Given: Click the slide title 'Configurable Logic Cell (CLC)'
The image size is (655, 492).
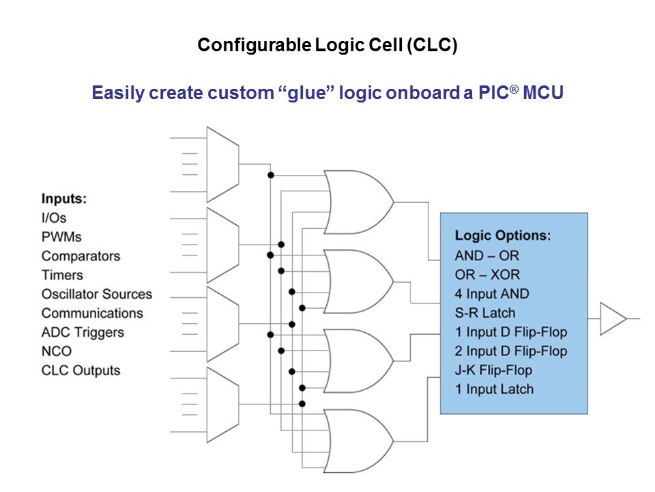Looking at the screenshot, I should pyautogui.click(x=327, y=46).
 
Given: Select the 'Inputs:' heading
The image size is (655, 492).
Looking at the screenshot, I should pyautogui.click(x=64, y=199).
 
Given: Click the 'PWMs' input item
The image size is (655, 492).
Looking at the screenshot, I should pyautogui.click(x=61, y=237).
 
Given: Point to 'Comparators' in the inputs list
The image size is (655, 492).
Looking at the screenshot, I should pyautogui.click(x=81, y=256).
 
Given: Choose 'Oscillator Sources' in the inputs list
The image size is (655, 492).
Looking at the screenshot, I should pyautogui.click(x=97, y=295).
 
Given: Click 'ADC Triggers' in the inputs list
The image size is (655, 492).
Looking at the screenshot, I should pyautogui.click(x=83, y=333).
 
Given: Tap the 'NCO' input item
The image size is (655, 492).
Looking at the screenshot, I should pyautogui.click(x=57, y=351).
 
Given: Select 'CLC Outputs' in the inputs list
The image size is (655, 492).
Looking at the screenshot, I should pyautogui.click(x=81, y=370).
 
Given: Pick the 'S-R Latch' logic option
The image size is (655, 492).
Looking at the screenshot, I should pyautogui.click(x=485, y=313).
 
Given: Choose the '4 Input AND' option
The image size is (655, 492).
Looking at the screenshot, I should pyautogui.click(x=492, y=294).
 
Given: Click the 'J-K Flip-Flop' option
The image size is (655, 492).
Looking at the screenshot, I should pyautogui.click(x=493, y=370).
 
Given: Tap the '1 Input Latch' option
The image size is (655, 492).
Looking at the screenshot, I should pyautogui.click(x=494, y=389).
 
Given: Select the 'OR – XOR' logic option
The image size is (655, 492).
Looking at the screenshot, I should pyautogui.click(x=487, y=275).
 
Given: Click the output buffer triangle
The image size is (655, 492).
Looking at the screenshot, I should pyautogui.click(x=611, y=318).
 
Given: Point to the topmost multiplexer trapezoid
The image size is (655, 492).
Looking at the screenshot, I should pyautogui.click(x=222, y=164).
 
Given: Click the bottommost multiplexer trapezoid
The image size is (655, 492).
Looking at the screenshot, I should pyautogui.click(x=222, y=405).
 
